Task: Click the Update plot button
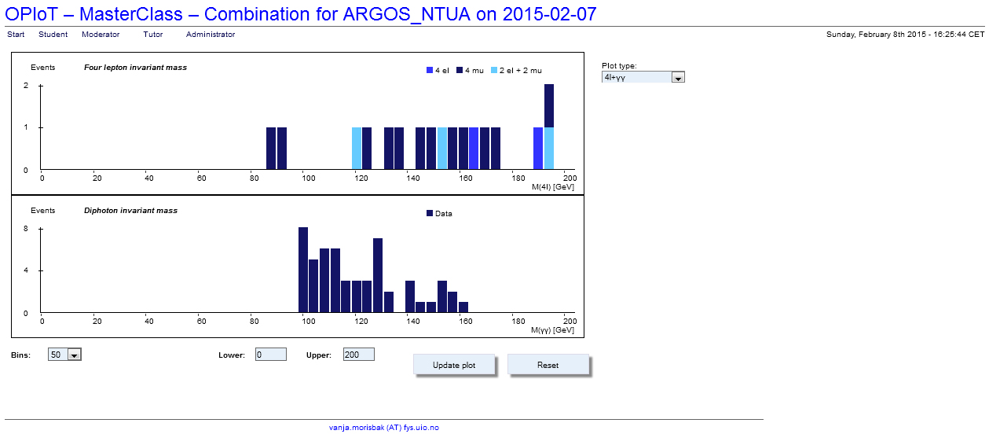[454, 365]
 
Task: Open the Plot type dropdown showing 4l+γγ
[643, 77]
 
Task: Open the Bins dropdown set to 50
[64, 355]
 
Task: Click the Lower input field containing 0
[271, 355]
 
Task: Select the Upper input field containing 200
[358, 355]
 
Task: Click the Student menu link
[53, 35]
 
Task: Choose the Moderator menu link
[101, 35]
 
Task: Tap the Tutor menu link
[152, 35]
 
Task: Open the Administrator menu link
[211, 35]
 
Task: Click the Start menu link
[16, 35]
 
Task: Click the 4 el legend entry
[438, 70]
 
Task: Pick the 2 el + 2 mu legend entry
[516, 70]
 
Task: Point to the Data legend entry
[439, 214]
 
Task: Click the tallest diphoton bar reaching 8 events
[303, 270]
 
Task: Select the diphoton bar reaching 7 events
[378, 275]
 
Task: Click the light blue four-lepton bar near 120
[357, 148]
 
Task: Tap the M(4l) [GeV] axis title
[553, 187]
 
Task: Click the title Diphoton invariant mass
[130, 211]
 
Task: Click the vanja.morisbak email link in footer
[383, 428]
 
